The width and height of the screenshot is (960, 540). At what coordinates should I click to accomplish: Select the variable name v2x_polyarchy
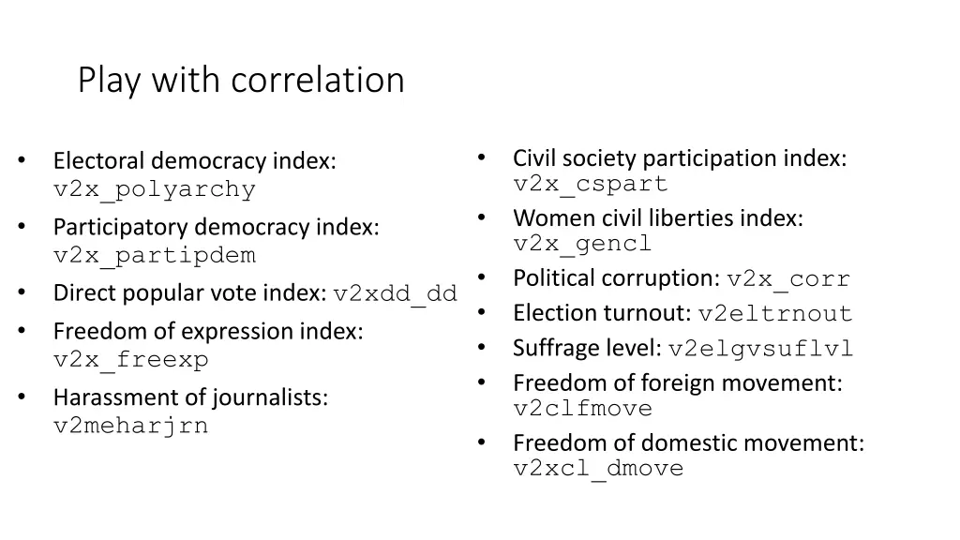(x=155, y=189)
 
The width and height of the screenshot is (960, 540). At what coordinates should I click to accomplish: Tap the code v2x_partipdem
(x=155, y=255)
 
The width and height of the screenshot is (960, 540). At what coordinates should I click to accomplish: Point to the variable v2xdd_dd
(x=395, y=293)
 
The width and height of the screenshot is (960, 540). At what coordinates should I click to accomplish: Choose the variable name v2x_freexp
(x=131, y=359)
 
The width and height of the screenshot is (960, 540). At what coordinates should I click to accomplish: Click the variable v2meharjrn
(x=131, y=426)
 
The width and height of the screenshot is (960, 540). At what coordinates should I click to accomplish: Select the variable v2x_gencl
(x=582, y=244)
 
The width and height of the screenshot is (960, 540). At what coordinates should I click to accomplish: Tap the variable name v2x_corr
(x=787, y=279)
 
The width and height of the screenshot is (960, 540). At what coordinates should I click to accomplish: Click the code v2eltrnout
(x=775, y=314)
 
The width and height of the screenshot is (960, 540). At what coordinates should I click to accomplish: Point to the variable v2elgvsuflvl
(x=760, y=350)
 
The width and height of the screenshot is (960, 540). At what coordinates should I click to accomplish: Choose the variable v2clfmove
(x=582, y=409)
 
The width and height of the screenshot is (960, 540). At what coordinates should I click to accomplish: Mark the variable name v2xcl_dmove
(x=598, y=469)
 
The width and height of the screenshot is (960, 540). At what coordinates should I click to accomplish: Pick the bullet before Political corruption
(x=480, y=277)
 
